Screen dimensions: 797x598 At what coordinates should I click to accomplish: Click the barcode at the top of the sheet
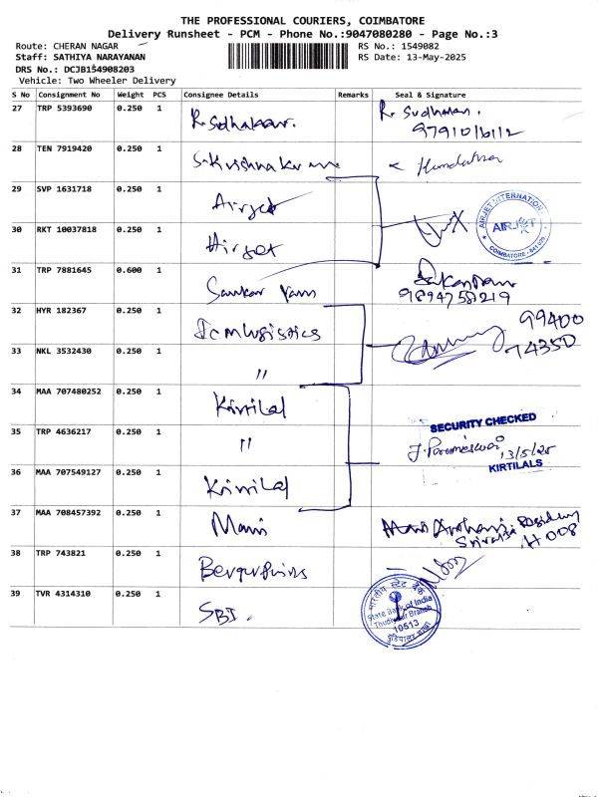point(290,56)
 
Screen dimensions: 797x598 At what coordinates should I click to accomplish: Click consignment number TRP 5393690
point(67,107)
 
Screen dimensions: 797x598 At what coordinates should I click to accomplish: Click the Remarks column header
point(353,95)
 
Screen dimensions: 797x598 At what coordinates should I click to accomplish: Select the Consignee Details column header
point(220,95)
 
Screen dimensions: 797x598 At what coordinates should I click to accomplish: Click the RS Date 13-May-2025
point(421,57)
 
